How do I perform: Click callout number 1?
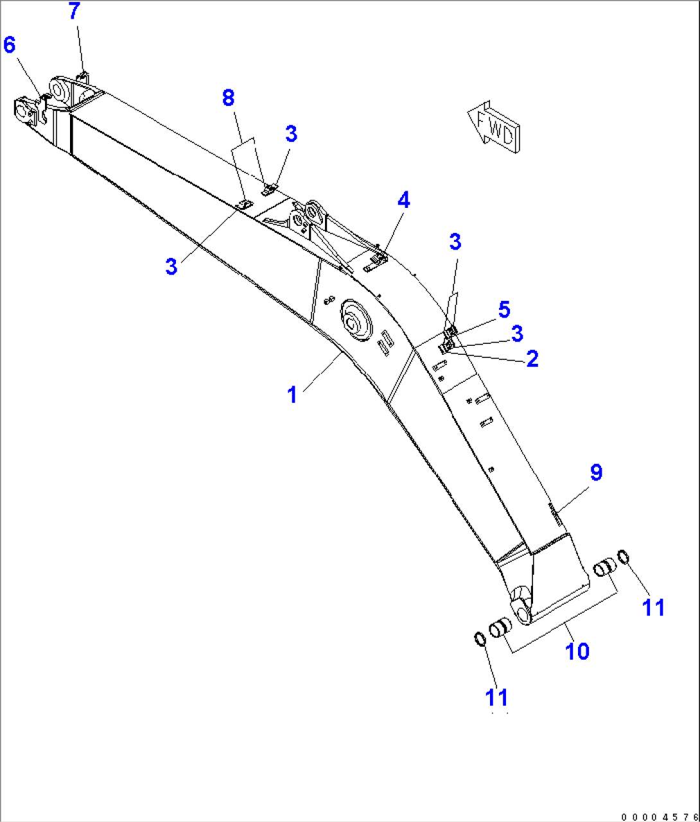coord(292,395)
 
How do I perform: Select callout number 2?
coord(532,359)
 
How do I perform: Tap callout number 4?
coord(403,200)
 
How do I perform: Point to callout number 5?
coord(504,309)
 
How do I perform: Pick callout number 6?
coord(9,45)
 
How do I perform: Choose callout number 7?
coord(74,11)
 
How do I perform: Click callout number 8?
coord(228,98)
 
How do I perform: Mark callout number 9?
coord(596,473)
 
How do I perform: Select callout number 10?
coord(577,651)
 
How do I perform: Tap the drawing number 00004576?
coord(659,816)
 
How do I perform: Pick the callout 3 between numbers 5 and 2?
coord(517,334)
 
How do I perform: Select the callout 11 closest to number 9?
coord(654,607)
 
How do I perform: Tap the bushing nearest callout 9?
coord(604,568)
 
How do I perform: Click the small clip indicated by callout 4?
coord(376,261)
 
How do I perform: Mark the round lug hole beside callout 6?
coord(24,112)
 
